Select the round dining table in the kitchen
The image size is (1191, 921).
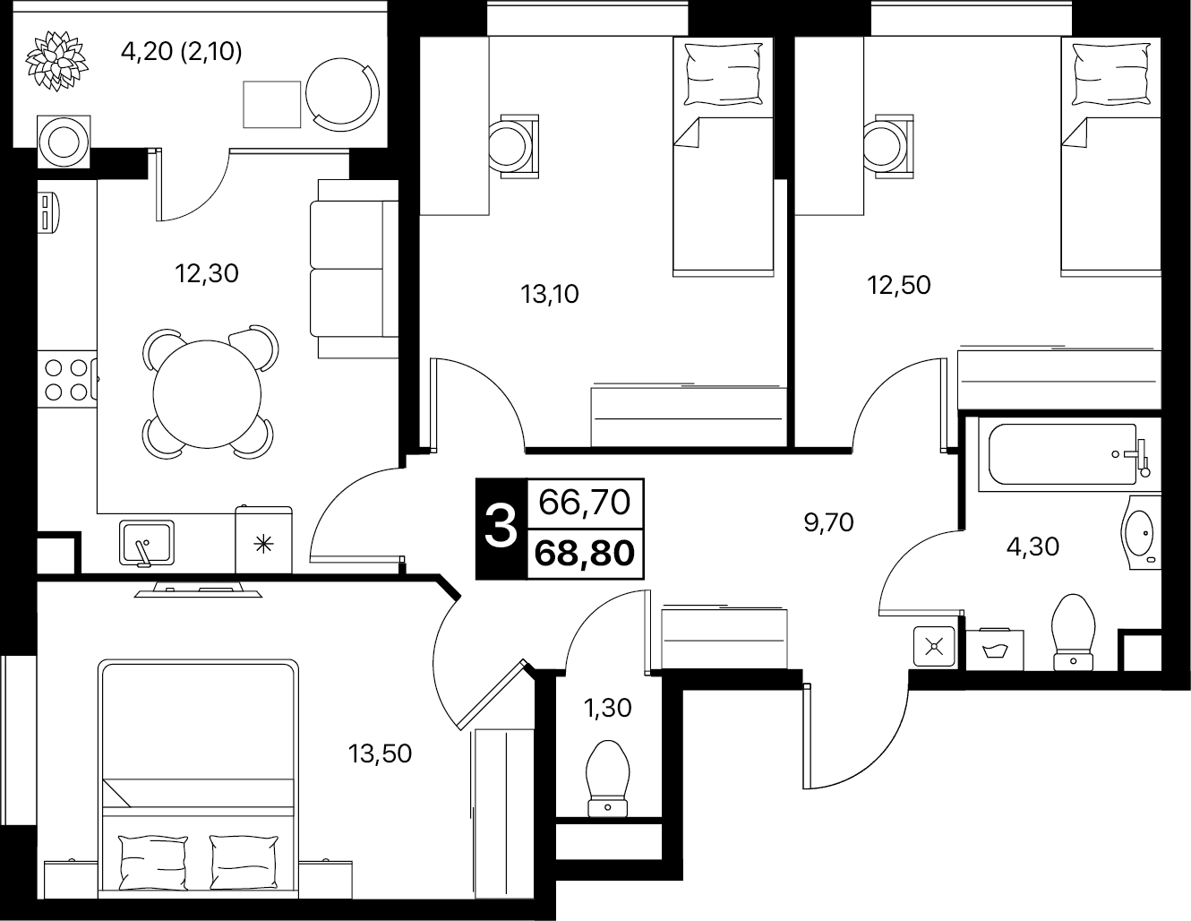(x=207, y=394)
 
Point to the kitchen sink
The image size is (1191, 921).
(x=147, y=543)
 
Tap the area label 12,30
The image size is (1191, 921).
(x=207, y=273)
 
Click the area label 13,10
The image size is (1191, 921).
(x=549, y=295)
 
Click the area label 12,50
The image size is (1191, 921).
(x=898, y=285)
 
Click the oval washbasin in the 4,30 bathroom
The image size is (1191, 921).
(x=1141, y=533)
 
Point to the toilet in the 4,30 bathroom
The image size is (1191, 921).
(x=1073, y=633)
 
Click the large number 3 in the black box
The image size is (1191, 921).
(x=501, y=529)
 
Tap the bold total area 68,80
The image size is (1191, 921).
(x=584, y=554)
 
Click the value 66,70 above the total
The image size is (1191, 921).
(x=584, y=503)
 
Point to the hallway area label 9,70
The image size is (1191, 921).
(x=828, y=523)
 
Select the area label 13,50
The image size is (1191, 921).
(x=380, y=754)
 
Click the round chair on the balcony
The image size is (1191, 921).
(x=342, y=94)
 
